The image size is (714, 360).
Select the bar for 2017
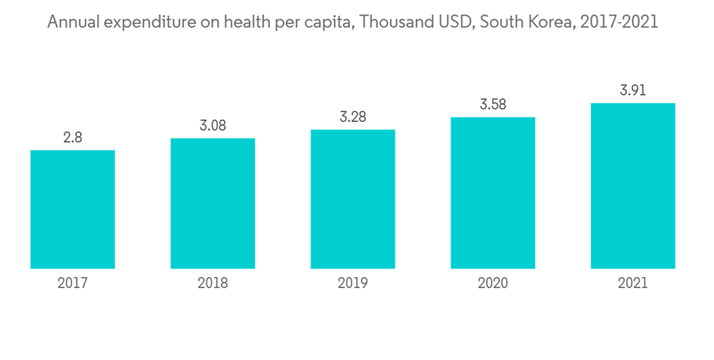pos(73,209)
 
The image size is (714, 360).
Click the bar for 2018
pos(213,204)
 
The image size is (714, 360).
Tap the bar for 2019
pos(353,199)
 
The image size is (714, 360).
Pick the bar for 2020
pos(493,193)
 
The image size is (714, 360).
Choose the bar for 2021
pos(633,186)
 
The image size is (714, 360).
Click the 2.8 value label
pos(73,138)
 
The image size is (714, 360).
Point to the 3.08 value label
pos(213,126)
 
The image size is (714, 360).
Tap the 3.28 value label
pos(353,117)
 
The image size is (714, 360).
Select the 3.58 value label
pos(493,104)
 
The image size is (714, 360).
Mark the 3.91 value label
pos(633,91)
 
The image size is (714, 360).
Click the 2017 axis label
pos(73,284)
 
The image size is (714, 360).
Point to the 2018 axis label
pos(213,284)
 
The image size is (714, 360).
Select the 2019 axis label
pos(353,284)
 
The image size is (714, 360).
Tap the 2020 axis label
pos(493,284)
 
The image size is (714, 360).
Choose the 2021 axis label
pos(633,284)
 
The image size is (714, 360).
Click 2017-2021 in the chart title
pos(620,23)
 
